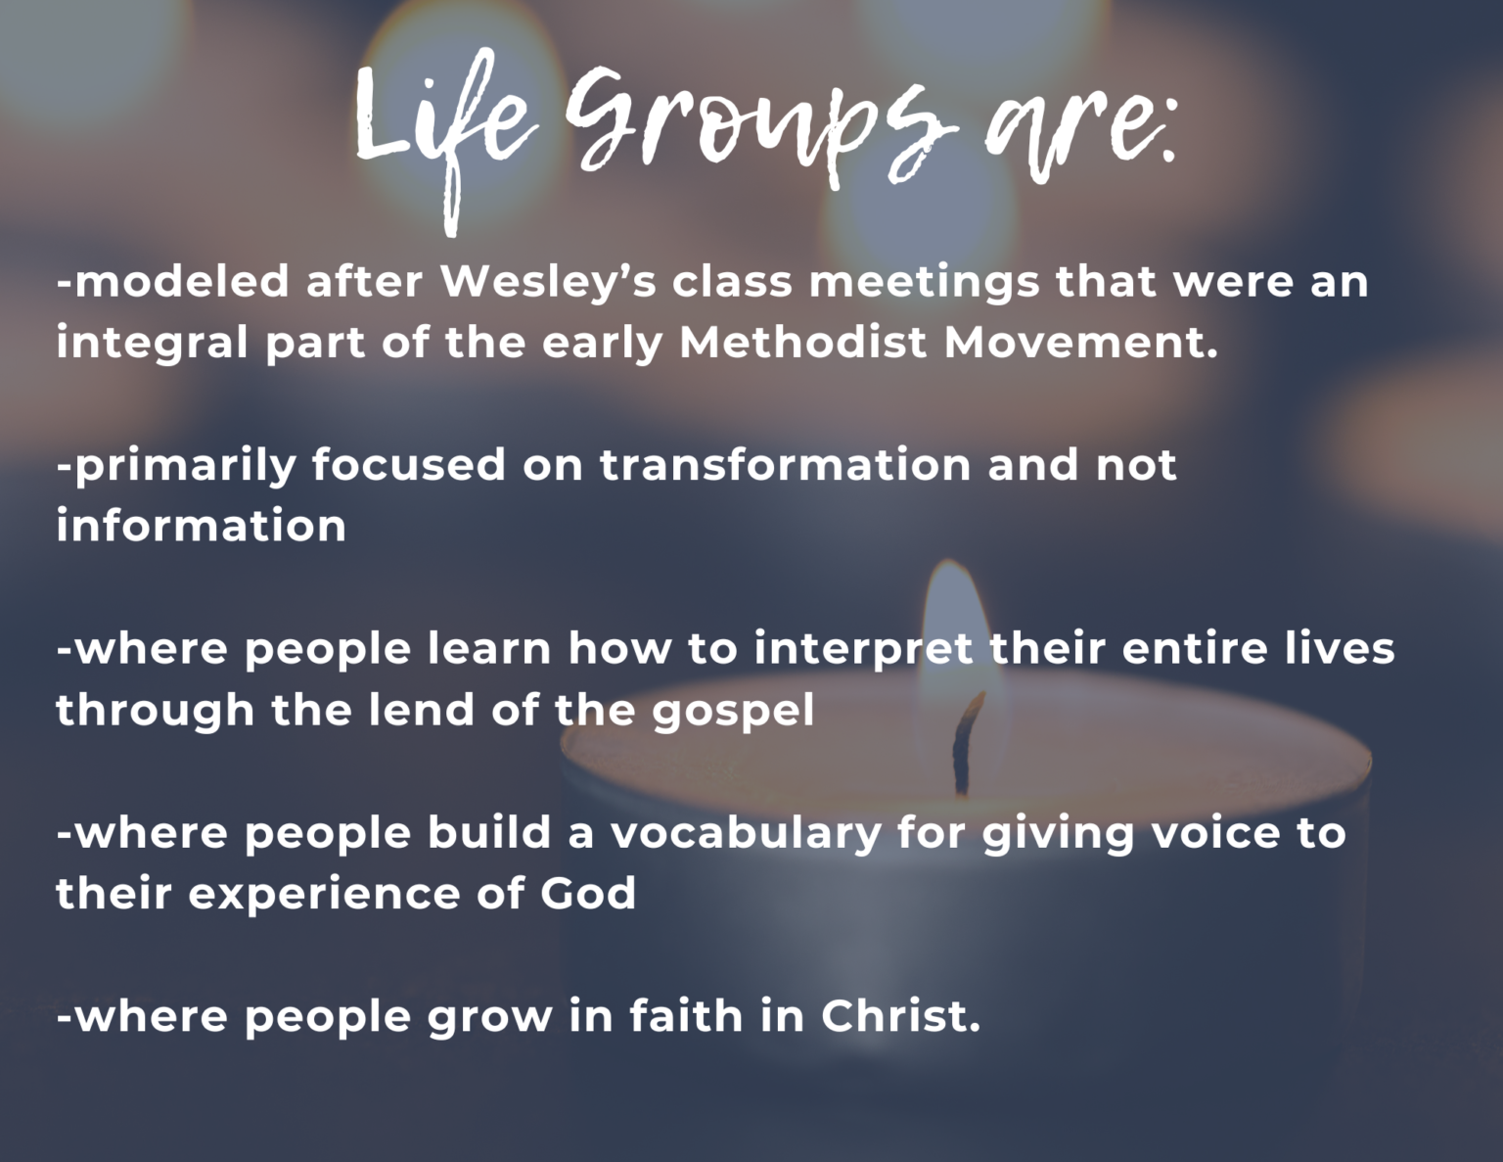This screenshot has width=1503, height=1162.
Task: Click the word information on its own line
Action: point(202,526)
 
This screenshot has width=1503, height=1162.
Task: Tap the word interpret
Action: point(863,650)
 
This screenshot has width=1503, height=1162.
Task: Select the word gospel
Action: point(733,712)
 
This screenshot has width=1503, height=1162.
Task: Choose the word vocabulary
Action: point(746,833)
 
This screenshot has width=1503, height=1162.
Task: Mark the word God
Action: point(588,894)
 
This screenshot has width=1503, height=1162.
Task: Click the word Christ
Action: point(899,1016)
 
